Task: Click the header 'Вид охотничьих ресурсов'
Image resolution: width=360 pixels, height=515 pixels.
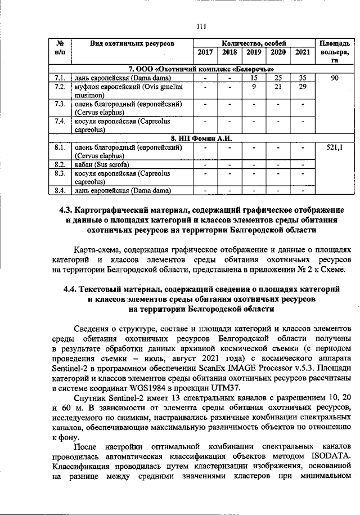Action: coord(132,43)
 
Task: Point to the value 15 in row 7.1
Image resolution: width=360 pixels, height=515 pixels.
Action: coord(254,78)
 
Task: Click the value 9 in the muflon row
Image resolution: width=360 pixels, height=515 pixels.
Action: coord(254,87)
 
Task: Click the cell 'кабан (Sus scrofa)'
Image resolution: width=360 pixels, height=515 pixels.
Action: coord(103,164)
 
